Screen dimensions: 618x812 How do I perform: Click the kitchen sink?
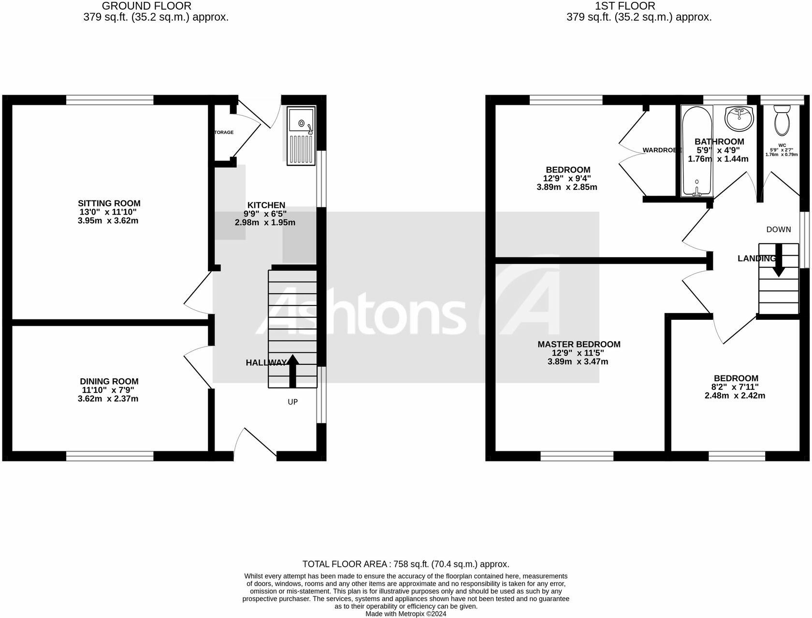[301, 135]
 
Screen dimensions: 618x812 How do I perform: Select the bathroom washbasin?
[739, 118]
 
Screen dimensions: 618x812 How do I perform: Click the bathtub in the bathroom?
[696, 151]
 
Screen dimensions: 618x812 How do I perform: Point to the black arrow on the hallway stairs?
[292, 371]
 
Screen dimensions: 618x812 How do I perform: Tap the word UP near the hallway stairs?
[293, 402]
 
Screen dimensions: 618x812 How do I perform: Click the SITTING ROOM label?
[109, 203]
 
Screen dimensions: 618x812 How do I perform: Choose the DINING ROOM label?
[109, 381]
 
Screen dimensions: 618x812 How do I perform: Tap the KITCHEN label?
[266, 205]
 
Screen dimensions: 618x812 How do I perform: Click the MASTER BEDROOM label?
[579, 345]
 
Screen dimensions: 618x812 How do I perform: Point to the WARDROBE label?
[661, 150]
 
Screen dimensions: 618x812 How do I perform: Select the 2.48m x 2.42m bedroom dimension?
[735, 396]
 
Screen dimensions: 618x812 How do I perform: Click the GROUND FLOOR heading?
[146, 6]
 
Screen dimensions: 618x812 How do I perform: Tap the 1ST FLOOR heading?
[625, 6]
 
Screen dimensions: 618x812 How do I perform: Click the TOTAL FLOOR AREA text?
[406, 564]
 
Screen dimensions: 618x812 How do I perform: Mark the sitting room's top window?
[110, 100]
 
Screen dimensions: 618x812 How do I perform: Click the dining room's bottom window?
[110, 456]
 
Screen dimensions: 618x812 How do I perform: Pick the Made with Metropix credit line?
[406, 614]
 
